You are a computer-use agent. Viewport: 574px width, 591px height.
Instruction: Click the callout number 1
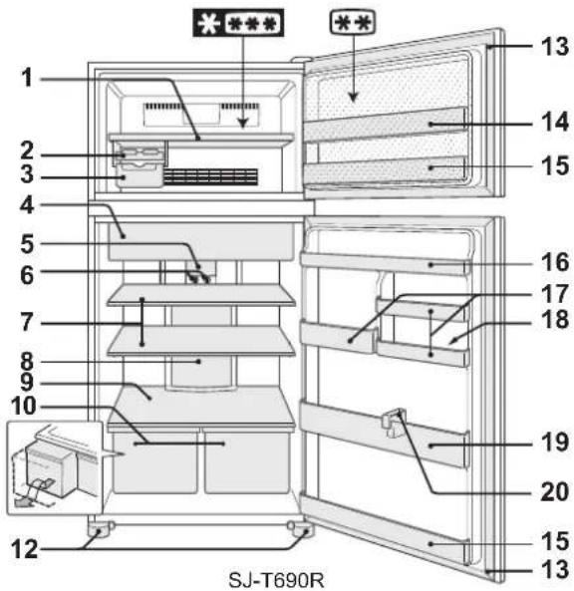click(27, 78)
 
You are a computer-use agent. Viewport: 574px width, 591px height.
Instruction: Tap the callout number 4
click(27, 205)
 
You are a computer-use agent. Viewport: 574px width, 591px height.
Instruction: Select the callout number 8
click(27, 362)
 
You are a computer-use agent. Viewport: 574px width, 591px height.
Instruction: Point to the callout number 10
click(24, 406)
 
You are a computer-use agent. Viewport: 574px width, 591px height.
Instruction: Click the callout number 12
click(25, 549)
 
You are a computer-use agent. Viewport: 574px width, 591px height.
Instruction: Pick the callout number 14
click(555, 122)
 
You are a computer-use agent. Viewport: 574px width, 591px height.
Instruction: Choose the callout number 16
click(555, 262)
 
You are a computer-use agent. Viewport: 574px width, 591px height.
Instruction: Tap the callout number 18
click(555, 320)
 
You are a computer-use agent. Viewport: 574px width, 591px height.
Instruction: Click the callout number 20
click(555, 491)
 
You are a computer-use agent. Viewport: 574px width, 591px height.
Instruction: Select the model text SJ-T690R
click(276, 580)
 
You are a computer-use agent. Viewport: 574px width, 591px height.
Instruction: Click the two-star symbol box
click(353, 23)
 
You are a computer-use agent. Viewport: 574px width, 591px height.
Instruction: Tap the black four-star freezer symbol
click(238, 23)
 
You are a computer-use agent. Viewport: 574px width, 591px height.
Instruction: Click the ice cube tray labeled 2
click(141, 154)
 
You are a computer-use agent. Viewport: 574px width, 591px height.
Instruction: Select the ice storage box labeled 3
click(139, 176)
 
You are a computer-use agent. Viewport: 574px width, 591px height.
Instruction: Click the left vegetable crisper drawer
click(155, 462)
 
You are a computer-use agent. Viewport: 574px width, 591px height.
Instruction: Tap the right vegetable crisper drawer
click(246, 462)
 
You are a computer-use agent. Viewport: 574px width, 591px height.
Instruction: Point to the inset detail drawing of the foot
click(55, 468)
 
